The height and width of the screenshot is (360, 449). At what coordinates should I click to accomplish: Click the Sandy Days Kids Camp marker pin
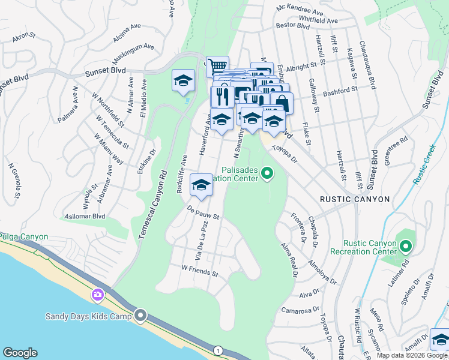click(141, 315)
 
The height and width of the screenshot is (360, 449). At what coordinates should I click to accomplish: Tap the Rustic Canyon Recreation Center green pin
click(406, 247)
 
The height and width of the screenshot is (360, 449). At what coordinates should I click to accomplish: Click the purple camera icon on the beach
click(98, 295)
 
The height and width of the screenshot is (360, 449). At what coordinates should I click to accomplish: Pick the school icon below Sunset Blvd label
click(184, 82)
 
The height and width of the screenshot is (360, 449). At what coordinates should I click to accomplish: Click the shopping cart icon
click(217, 65)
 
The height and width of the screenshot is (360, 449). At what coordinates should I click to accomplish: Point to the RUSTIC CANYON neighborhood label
click(355, 199)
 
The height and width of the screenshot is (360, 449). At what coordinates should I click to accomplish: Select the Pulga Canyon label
click(24, 237)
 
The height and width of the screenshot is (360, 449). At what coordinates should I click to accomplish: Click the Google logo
click(20, 353)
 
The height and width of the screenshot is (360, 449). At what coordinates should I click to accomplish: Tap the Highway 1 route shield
click(218, 350)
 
